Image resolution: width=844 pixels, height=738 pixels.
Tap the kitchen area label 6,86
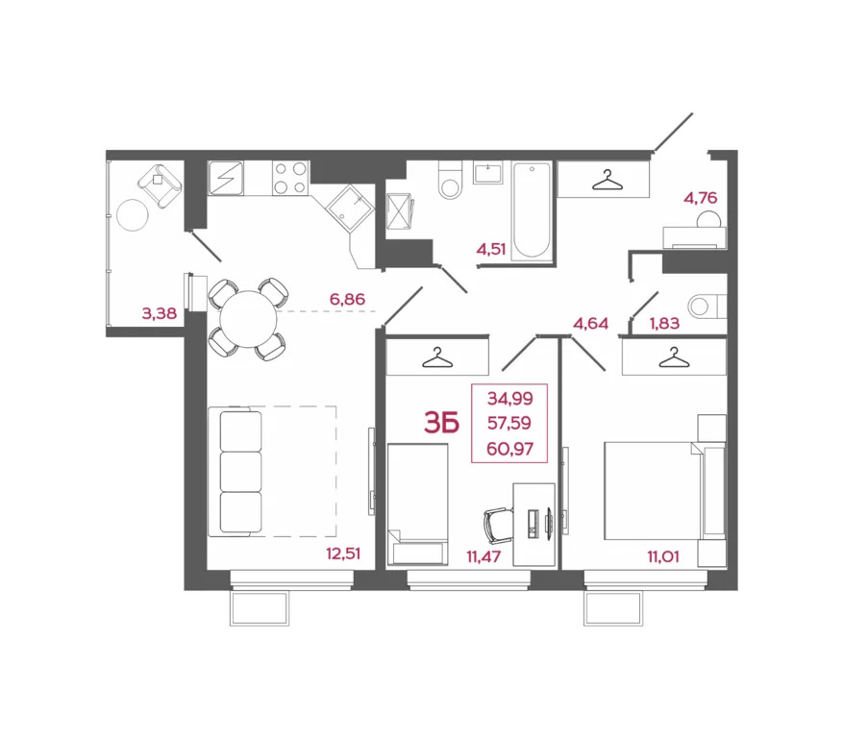[x=347, y=300]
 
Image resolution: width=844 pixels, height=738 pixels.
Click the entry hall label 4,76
[x=700, y=199]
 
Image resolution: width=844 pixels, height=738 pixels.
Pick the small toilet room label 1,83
[x=664, y=323]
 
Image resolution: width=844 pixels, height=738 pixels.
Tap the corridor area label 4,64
[x=590, y=323]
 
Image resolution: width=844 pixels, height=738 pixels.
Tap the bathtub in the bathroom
[x=531, y=210]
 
